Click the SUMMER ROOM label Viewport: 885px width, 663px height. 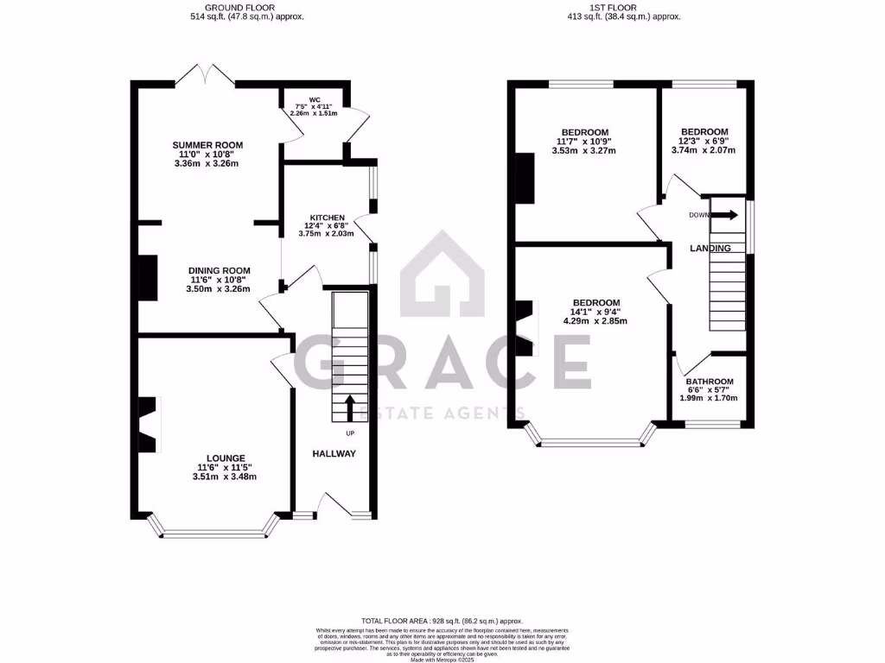(207, 144)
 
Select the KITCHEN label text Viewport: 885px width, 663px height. (328, 218)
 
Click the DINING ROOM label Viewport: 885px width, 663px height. (220, 270)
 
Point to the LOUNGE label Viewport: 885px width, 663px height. (225, 458)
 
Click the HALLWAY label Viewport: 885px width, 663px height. (334, 453)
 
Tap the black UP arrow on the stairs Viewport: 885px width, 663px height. (351, 407)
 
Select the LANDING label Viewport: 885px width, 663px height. (710, 249)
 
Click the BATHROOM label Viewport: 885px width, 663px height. (710, 382)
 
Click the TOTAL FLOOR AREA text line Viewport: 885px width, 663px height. (442, 620)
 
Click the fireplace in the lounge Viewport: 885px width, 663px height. (149, 424)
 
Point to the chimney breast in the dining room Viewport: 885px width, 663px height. (148, 277)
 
